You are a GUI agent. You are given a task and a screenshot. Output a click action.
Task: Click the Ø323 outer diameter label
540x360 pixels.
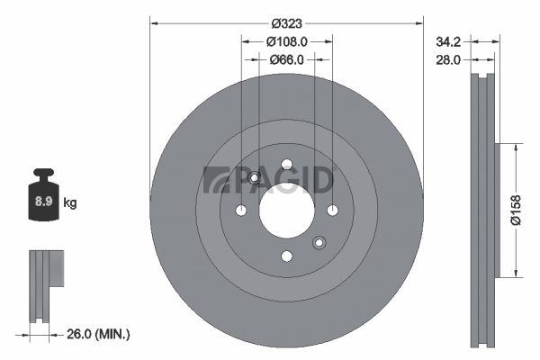point(286,23)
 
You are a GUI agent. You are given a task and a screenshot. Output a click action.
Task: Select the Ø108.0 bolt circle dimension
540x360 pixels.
point(286,41)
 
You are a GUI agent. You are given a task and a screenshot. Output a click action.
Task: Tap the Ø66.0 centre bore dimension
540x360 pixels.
point(286,59)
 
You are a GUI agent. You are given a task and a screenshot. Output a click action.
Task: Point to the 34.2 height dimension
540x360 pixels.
point(448,41)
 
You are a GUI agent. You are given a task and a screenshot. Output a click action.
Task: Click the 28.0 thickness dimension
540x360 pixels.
point(448,60)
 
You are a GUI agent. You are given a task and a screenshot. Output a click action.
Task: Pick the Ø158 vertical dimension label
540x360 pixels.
point(516,210)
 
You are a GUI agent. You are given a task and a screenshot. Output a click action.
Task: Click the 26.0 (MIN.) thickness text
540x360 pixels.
point(98,334)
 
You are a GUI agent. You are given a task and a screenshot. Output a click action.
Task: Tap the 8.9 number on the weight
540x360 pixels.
point(44,202)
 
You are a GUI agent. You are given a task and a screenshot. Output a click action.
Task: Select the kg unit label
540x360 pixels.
point(70,202)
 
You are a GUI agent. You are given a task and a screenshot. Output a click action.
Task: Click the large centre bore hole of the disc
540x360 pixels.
point(287,210)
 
